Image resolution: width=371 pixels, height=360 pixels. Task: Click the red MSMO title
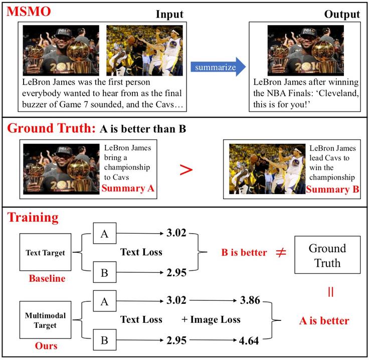[x=29, y=12]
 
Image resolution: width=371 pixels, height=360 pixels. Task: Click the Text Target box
[x=46, y=253]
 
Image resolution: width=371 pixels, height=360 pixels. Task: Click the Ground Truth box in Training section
[x=327, y=255]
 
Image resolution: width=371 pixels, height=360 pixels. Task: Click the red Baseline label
[x=47, y=278]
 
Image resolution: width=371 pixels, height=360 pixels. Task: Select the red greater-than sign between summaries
[x=186, y=170]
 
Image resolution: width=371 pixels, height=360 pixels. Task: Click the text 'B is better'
[x=244, y=252]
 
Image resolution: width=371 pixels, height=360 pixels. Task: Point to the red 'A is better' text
[x=323, y=320]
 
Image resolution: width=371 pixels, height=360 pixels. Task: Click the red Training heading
[x=33, y=218]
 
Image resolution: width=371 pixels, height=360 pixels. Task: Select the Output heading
[x=342, y=14]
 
